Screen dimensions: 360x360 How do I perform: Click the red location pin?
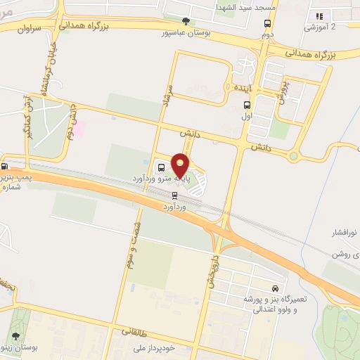click(x=181, y=166)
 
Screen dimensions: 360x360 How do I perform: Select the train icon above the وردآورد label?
click(x=174, y=197)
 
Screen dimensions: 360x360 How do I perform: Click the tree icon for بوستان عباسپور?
click(x=186, y=22)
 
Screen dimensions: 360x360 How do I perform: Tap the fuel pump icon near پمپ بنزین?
click(x=5, y=167)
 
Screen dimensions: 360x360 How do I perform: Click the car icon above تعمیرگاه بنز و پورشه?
click(x=275, y=288)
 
